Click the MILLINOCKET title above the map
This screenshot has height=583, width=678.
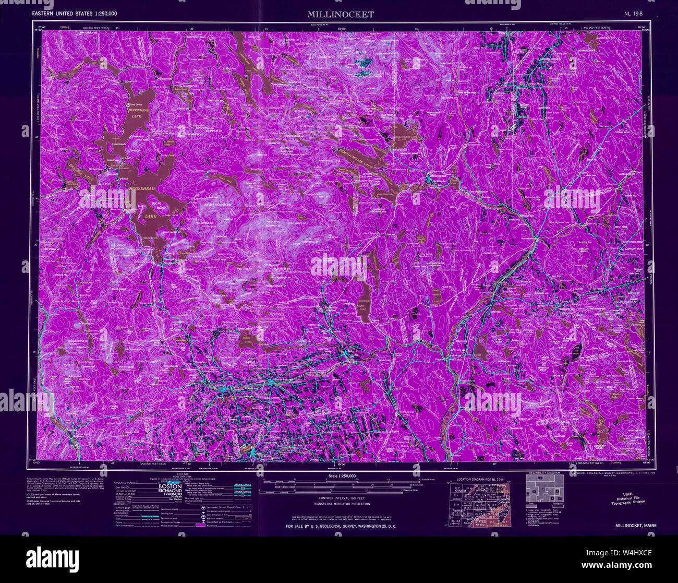click(x=340, y=15)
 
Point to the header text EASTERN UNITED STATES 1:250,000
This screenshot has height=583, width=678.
click(x=75, y=14)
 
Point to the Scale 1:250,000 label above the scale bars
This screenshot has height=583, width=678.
click(x=341, y=476)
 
